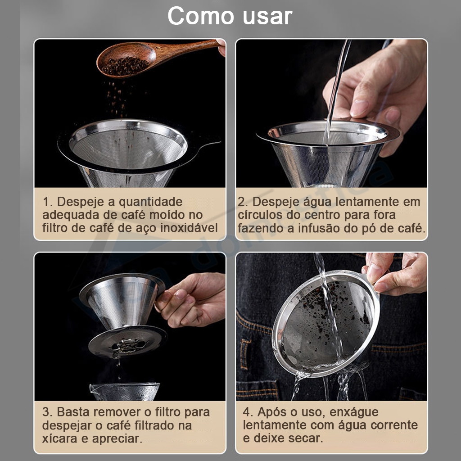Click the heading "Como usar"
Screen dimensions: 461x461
pyautogui.click(x=230, y=16)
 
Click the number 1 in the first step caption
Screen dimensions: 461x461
pyautogui.click(x=47, y=202)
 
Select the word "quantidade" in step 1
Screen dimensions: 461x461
pyautogui.click(x=150, y=203)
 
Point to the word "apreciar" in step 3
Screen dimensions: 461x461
pyautogui.click(x=117, y=438)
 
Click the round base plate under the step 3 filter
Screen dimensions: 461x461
pyautogui.click(x=127, y=342)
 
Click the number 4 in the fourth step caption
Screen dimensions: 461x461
pyautogui.click(x=247, y=412)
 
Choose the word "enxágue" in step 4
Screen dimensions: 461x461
pyautogui.click(x=354, y=412)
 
